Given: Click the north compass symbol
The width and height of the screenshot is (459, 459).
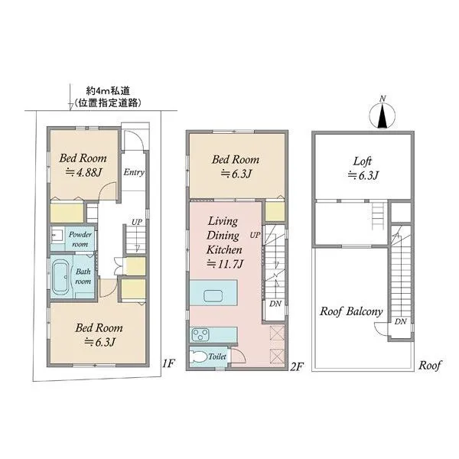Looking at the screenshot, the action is (382, 116).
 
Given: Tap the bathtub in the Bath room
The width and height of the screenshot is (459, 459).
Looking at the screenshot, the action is (60, 278).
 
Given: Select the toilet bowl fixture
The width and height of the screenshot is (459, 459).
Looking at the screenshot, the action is (198, 356).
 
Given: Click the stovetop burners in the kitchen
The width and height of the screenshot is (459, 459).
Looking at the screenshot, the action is (200, 334).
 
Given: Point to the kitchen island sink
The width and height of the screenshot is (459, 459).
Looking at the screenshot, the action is (215, 296).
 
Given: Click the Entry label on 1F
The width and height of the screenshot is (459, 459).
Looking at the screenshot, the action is (134, 172).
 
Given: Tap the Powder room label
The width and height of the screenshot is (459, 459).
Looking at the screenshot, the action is (80, 239).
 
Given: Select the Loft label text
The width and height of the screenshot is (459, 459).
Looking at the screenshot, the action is (363, 161).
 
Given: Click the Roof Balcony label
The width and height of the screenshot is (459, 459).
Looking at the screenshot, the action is (351, 311).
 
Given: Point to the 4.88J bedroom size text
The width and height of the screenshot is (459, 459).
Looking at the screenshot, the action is (83, 173).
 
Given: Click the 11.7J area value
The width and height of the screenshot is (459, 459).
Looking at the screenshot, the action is (225, 264).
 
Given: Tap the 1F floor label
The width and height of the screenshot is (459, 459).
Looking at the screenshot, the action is (168, 363).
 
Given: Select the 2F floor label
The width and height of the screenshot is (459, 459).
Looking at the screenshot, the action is (297, 366).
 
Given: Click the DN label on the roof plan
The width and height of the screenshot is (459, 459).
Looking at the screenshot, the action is (400, 321).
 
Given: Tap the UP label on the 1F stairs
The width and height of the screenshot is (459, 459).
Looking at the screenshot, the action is (136, 222).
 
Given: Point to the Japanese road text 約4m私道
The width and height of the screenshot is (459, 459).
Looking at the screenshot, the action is (108, 91).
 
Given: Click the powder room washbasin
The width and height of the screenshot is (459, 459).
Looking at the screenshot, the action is (57, 236).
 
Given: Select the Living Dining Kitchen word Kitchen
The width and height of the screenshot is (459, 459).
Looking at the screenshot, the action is (224, 249).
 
